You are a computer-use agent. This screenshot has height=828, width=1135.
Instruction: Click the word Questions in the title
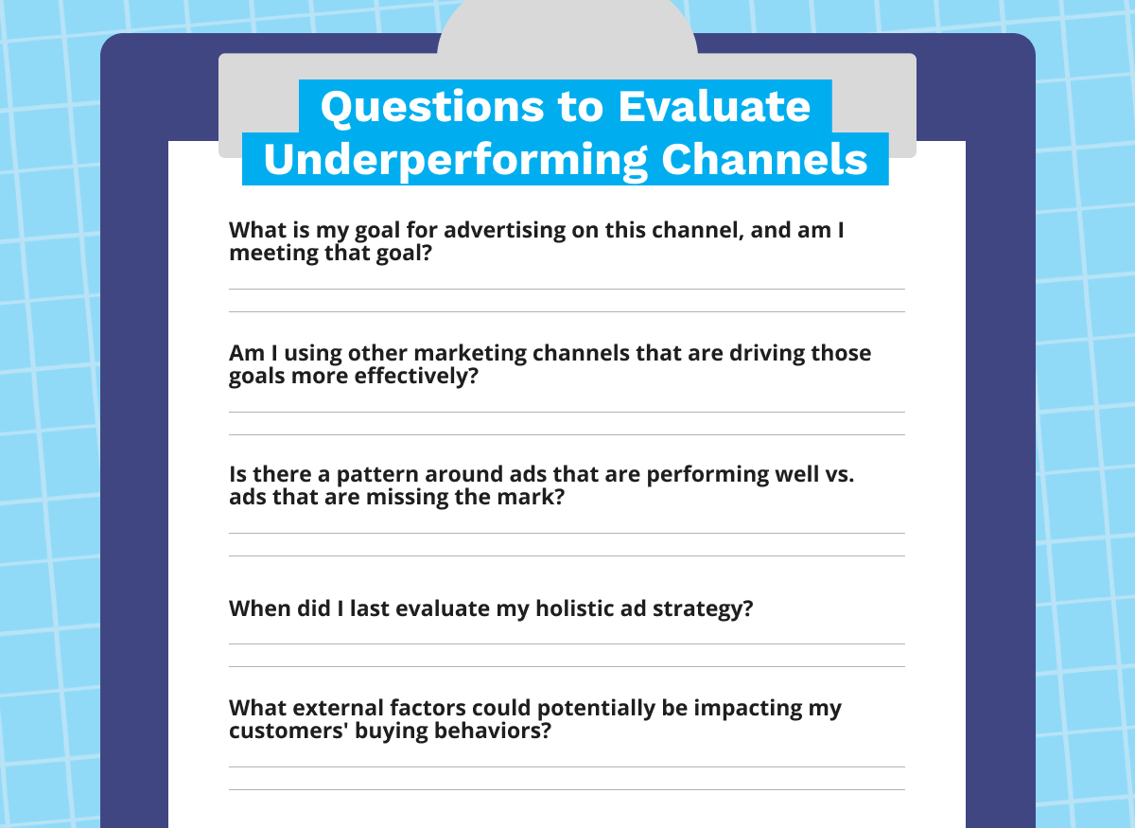432,108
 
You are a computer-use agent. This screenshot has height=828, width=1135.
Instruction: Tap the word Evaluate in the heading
714,107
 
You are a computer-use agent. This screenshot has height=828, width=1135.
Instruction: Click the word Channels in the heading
764,159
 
